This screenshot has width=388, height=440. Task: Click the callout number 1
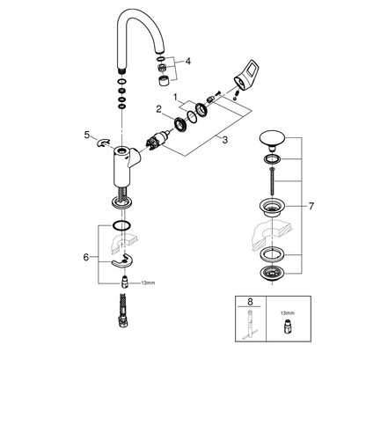pyautogui.click(x=175, y=97)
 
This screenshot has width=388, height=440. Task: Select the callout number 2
pyautogui.click(x=158, y=109)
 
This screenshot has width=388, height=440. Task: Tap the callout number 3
pyautogui.click(x=224, y=140)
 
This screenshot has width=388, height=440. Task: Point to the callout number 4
pyautogui.click(x=187, y=62)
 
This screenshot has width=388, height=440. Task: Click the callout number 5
pyautogui.click(x=87, y=135)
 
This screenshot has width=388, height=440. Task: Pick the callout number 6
pyautogui.click(x=86, y=257)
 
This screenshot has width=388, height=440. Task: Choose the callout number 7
pyautogui.click(x=311, y=206)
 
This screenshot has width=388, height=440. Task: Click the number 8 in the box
pyautogui.click(x=250, y=301)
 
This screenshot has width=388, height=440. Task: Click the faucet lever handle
pyautogui.click(x=244, y=75)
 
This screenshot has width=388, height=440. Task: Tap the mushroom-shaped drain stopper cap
pyautogui.click(x=272, y=140)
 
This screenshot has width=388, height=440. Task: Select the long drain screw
pyautogui.click(x=273, y=181)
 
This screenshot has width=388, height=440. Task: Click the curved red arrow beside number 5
pyautogui.click(x=103, y=143)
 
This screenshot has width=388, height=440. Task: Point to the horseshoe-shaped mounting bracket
pyautogui.click(x=122, y=260)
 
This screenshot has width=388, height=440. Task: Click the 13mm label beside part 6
pyautogui.click(x=148, y=283)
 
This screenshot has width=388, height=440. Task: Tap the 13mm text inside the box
pyautogui.click(x=288, y=313)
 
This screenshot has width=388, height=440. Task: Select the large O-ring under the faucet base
pyautogui.click(x=121, y=225)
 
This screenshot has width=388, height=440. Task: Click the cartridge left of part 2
pyautogui.click(x=157, y=140)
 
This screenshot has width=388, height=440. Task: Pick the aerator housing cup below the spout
pyautogui.click(x=164, y=80)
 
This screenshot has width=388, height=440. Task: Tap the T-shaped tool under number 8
pyautogui.click(x=250, y=325)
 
